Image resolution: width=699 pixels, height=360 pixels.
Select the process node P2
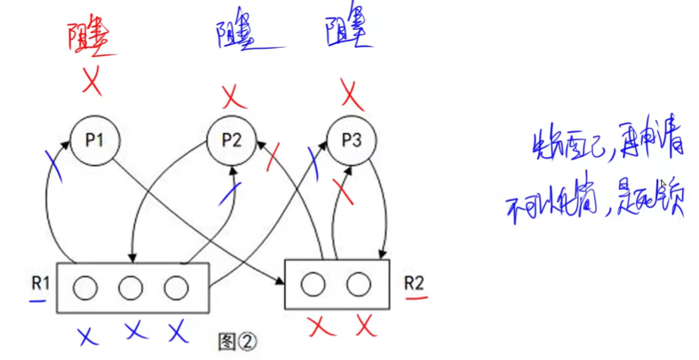point(231,141)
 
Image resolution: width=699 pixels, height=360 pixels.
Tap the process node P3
point(351,141)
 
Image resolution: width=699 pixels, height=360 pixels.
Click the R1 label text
point(40,283)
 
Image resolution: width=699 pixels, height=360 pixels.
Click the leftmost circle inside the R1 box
point(86,288)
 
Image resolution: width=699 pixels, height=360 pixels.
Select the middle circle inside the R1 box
point(131,288)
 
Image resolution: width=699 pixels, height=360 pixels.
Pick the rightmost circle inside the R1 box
point(175,288)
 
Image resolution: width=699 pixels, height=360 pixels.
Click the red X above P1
point(92,81)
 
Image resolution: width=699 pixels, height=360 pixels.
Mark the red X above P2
point(235,96)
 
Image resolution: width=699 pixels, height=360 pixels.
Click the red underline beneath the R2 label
point(414,298)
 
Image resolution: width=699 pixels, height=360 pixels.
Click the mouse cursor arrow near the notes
point(662,185)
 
